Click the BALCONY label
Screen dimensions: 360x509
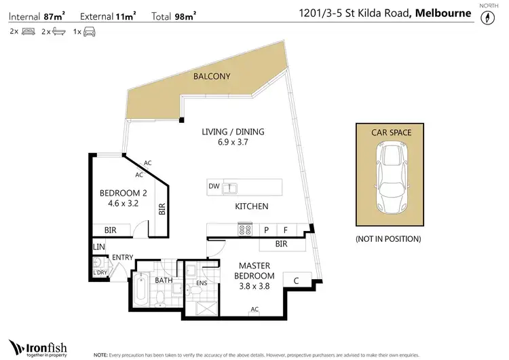coord(212,76)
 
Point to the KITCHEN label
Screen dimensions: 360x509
coord(252,206)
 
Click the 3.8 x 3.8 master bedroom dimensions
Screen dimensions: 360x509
coord(254,286)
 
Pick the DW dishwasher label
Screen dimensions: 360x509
coord(214,185)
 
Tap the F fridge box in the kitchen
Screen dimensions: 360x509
coord(286,230)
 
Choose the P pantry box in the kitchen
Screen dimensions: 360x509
coord(267,230)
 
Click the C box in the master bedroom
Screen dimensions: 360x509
coord(296,278)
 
